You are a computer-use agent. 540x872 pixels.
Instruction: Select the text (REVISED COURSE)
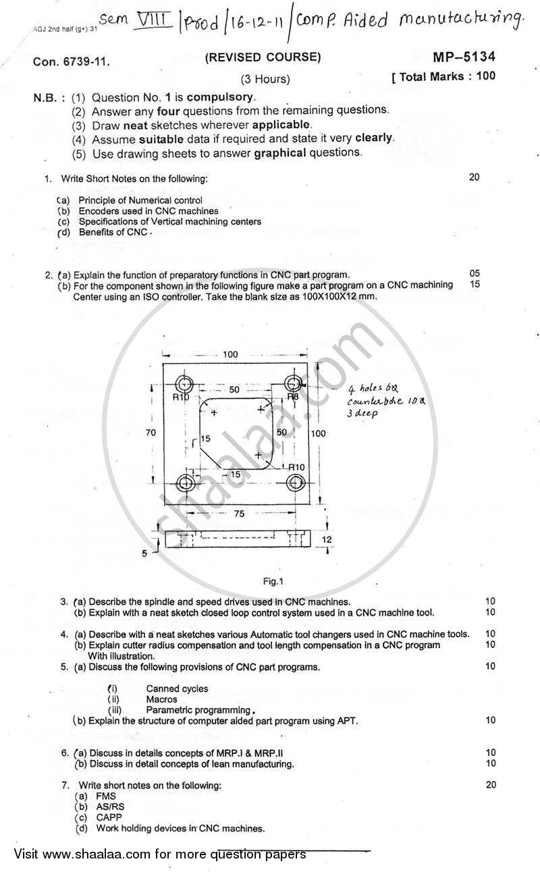click(263, 57)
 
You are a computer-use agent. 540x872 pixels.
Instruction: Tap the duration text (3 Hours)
click(265, 79)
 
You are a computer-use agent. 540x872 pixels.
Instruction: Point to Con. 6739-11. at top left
click(71, 62)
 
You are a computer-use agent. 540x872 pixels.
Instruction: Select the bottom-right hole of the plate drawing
click(295, 483)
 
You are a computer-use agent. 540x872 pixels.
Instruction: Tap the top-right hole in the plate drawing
click(292, 384)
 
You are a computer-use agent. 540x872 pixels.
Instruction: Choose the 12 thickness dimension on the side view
click(327, 539)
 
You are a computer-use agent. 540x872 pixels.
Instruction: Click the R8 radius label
click(293, 398)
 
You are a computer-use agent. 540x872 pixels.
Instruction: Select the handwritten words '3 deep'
click(363, 413)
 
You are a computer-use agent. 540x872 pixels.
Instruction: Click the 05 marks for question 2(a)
click(475, 274)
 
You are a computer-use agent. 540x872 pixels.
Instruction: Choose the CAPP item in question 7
click(109, 817)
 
